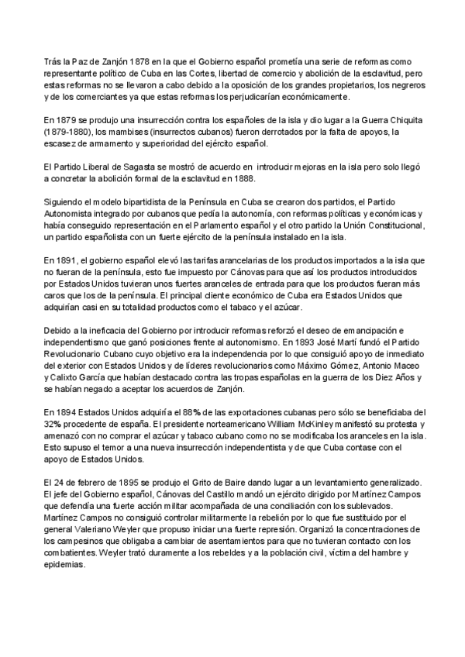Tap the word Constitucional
click(x=387, y=225)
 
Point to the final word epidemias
click(x=67, y=567)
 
